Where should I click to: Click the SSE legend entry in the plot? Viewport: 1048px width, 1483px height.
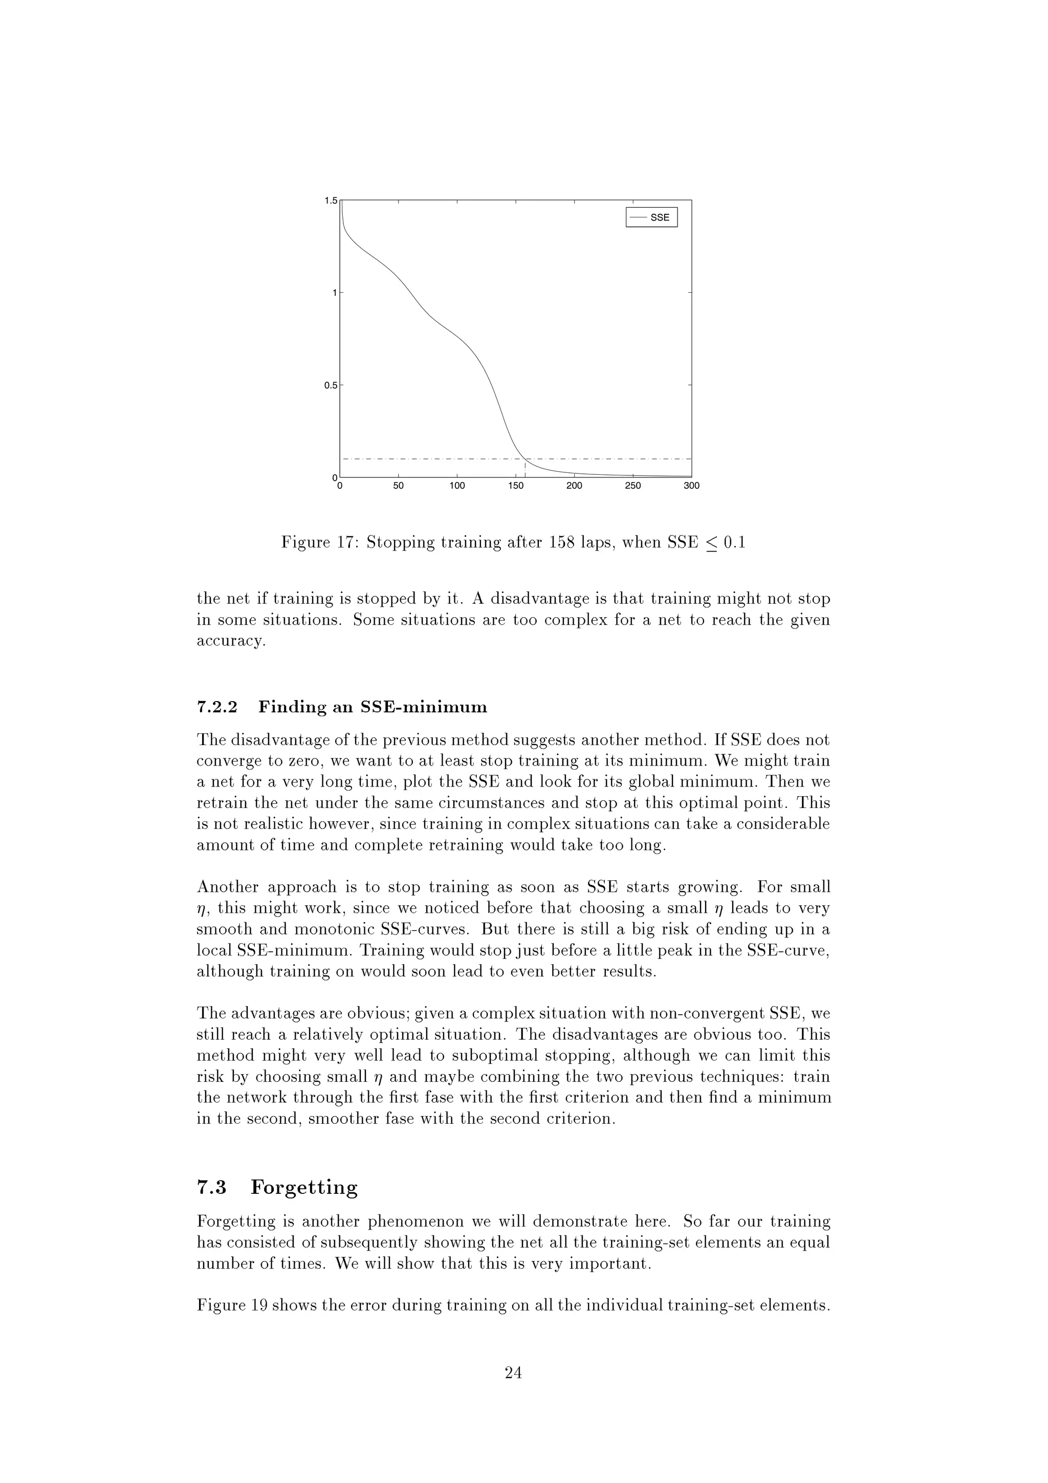point(651,217)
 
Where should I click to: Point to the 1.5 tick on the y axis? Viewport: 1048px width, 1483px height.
point(331,201)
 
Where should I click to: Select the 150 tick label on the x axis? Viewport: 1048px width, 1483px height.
point(515,486)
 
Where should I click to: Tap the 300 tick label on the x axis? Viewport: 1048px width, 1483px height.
point(691,486)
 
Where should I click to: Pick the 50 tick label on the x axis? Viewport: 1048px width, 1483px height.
point(399,486)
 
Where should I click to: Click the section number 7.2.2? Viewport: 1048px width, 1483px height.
point(217,707)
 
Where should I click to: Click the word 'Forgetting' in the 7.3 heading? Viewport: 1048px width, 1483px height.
point(304,1187)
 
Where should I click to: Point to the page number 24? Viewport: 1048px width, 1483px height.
point(513,1372)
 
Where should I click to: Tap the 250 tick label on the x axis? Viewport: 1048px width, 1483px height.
point(633,486)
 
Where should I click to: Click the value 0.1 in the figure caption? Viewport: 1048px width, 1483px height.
point(733,542)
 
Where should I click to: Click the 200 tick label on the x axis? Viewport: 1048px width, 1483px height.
point(574,486)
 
